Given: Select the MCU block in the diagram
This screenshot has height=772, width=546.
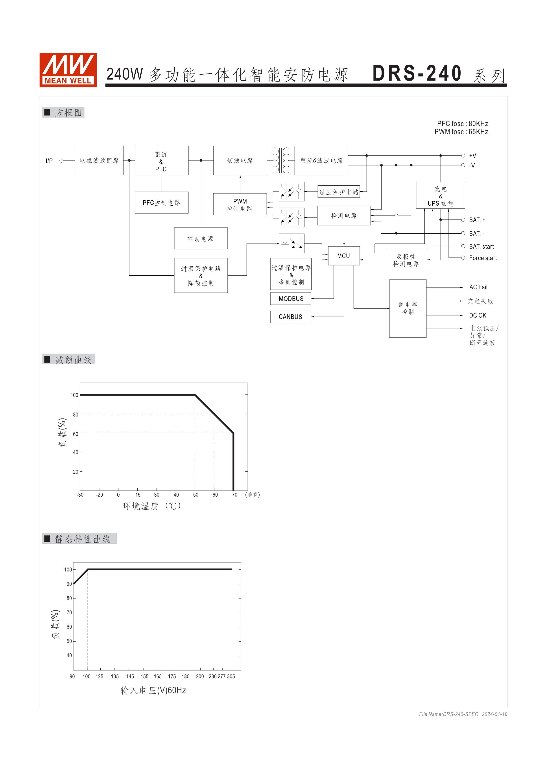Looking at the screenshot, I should (344, 256).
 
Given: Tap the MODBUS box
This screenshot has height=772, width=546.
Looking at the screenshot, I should (291, 298).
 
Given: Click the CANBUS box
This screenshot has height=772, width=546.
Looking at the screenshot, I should (290, 317).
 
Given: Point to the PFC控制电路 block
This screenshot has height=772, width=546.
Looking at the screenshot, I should (161, 203).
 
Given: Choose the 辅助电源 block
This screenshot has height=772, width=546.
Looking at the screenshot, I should (201, 239).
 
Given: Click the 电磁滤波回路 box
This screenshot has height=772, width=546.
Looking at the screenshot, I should (99, 160).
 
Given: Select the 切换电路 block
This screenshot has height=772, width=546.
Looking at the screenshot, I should (240, 160).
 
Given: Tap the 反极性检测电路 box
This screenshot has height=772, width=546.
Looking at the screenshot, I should (406, 260).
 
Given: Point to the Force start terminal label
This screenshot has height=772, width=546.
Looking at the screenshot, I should (483, 258).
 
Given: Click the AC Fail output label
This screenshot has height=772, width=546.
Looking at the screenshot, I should (478, 287).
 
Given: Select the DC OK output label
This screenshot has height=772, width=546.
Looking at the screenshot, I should (477, 315).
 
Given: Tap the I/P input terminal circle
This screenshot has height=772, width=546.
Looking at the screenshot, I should (61, 161).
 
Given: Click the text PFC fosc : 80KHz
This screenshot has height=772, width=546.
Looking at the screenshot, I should (462, 124).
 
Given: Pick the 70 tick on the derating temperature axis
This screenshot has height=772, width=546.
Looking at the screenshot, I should (234, 495).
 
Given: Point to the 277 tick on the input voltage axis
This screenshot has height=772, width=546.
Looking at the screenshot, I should (221, 676).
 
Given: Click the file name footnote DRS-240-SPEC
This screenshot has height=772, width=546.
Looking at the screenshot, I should (448, 714).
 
